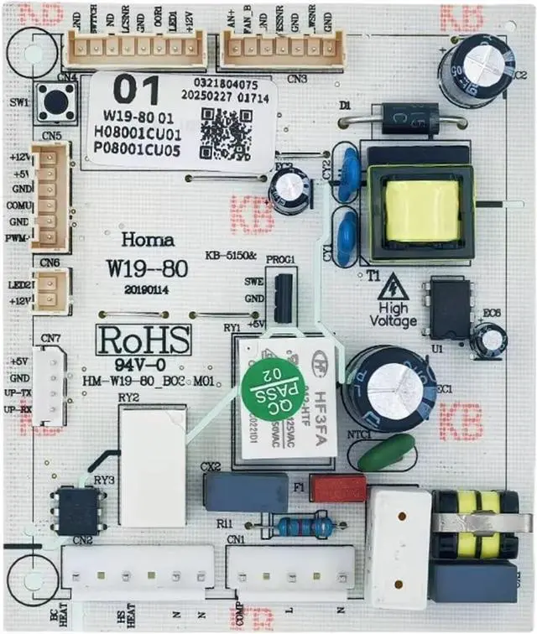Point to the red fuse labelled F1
coord(337,487)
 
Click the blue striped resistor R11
coord(305,527)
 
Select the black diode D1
coord(410,117)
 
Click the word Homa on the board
coord(148,241)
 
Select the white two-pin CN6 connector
coord(52,291)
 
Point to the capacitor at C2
coord(475,70)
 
